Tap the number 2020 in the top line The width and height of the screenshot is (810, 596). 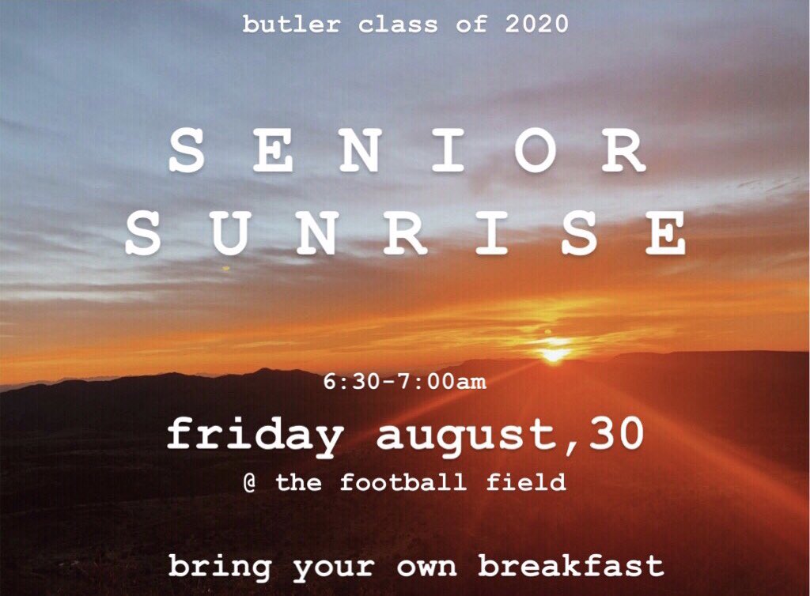point(537,24)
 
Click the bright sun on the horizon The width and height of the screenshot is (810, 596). point(555,353)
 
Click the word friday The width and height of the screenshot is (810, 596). point(255,436)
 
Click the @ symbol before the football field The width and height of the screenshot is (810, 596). point(251,482)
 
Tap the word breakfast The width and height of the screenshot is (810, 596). point(570,566)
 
